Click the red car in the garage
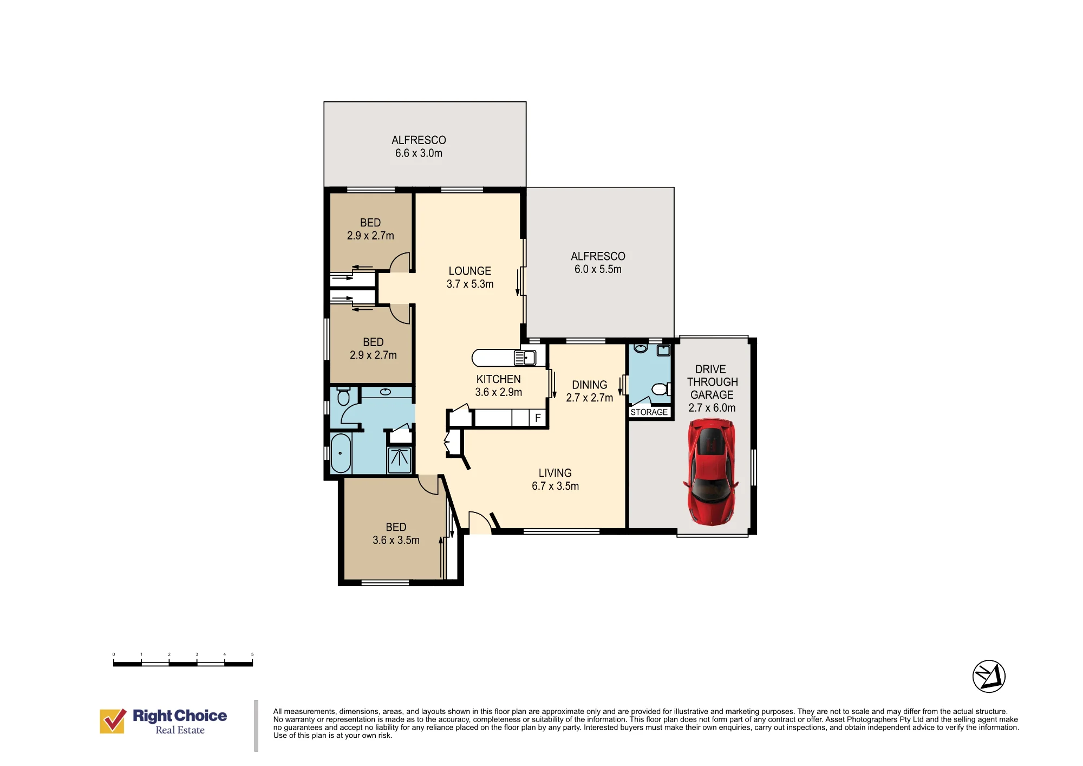click(x=712, y=472)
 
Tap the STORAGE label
click(x=649, y=412)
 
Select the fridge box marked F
click(x=537, y=418)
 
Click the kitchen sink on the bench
click(x=525, y=358)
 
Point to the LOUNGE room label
click(x=469, y=271)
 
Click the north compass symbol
click(x=989, y=676)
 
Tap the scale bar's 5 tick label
click(x=252, y=654)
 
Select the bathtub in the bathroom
click(x=341, y=453)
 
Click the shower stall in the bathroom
click(x=400, y=460)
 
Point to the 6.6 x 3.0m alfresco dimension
click(x=419, y=153)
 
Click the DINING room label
click(x=589, y=385)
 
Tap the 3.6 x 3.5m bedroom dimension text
click(x=396, y=540)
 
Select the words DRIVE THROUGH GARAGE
click(x=712, y=382)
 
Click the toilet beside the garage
click(x=660, y=389)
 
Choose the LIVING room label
click(x=555, y=473)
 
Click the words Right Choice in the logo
click(x=180, y=716)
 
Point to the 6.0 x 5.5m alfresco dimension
click(x=598, y=269)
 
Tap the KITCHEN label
click(x=498, y=379)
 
